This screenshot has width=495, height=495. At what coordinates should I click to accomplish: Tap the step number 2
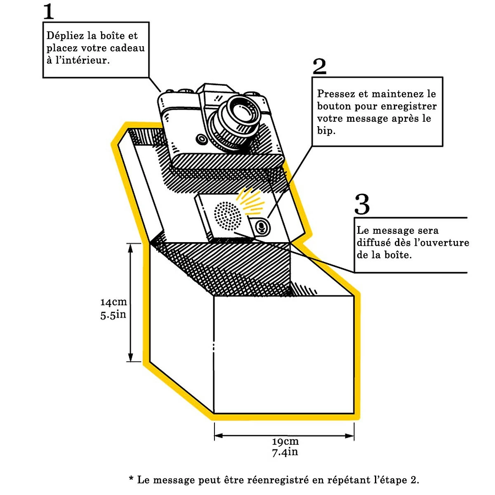point(320,66)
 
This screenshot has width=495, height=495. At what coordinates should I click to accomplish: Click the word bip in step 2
point(325,132)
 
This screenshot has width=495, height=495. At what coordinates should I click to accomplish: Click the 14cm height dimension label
point(113,302)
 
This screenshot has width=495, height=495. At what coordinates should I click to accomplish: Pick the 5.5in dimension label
point(113,315)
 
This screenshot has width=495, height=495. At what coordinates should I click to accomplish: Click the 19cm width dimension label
point(285,441)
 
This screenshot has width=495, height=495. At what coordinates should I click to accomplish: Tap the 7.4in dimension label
point(285,452)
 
